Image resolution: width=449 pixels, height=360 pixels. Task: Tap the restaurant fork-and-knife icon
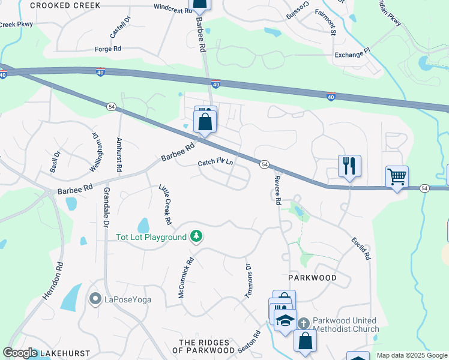point(349,165)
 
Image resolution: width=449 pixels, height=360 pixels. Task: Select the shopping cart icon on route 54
point(397,177)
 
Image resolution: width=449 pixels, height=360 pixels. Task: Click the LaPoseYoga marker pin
point(95,298)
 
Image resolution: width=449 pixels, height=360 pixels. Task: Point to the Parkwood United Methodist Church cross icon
point(304,323)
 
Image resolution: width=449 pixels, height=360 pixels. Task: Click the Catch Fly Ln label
point(215,163)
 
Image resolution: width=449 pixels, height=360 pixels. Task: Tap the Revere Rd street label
point(277,190)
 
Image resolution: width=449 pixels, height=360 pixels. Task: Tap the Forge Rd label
point(108,49)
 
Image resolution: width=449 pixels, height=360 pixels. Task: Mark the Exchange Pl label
point(353,55)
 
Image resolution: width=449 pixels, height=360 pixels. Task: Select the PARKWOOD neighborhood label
point(312,278)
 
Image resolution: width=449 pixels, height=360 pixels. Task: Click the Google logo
point(19,353)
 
